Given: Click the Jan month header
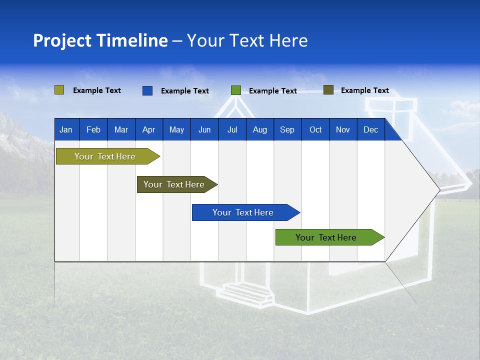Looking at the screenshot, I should pyautogui.click(x=66, y=130).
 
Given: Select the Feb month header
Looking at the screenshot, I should pyautogui.click(x=93, y=130).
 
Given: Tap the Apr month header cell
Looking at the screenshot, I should pyautogui.click(x=148, y=130).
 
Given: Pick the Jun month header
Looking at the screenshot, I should pyautogui.click(x=204, y=130).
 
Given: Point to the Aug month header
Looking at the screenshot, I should pyautogui.click(x=259, y=130).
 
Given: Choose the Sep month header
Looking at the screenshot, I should pyautogui.click(x=287, y=130).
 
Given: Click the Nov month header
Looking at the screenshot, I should pyautogui.click(x=342, y=130).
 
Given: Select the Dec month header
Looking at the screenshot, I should pyautogui.click(x=370, y=130).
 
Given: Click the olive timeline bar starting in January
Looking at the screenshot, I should pyautogui.click(x=105, y=156).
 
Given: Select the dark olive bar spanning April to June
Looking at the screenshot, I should pyautogui.click(x=174, y=184).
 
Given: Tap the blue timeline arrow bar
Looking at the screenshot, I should pyautogui.click(x=243, y=212).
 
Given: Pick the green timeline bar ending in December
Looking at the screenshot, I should pyautogui.click(x=326, y=237).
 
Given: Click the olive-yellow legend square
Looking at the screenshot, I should pyautogui.click(x=59, y=90).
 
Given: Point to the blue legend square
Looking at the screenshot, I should pyautogui.click(x=147, y=90).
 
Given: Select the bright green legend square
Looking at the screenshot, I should pyautogui.click(x=236, y=90).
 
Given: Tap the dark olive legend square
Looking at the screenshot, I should pyautogui.click(x=328, y=90).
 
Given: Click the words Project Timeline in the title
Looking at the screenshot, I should pyautogui.click(x=100, y=40).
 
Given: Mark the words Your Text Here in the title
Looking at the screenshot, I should pyautogui.click(x=247, y=40).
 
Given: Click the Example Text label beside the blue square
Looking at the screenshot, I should pyautogui.click(x=185, y=91).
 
